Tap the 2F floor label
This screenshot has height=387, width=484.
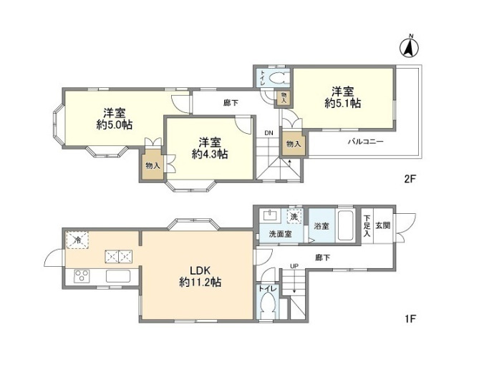[409, 180]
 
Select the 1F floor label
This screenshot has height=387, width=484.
[409, 317]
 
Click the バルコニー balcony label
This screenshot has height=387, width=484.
[366, 142]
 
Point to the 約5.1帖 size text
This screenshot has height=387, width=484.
[342, 104]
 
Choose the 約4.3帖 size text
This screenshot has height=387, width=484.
[209, 154]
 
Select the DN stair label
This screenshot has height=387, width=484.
[268, 133]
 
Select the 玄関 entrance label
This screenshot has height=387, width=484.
[382, 225]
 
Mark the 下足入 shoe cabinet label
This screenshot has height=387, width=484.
[367, 225]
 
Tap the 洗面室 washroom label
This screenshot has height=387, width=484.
[281, 234]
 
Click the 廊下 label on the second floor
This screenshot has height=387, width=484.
[231, 102]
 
